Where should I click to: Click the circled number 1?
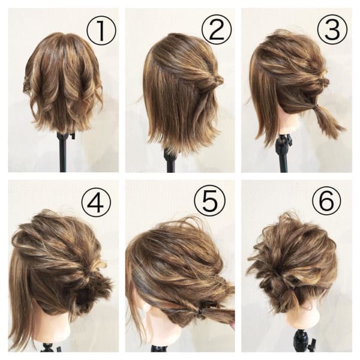point(101,31)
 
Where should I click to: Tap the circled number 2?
point(217,29)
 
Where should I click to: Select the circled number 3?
point(332,29)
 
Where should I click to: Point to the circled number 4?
point(96,202)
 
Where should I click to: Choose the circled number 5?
point(210,200)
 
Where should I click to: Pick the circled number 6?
point(326,200)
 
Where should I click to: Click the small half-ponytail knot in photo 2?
point(216,80)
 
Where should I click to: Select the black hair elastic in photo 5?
point(200,311)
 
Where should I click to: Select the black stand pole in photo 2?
point(171,161)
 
